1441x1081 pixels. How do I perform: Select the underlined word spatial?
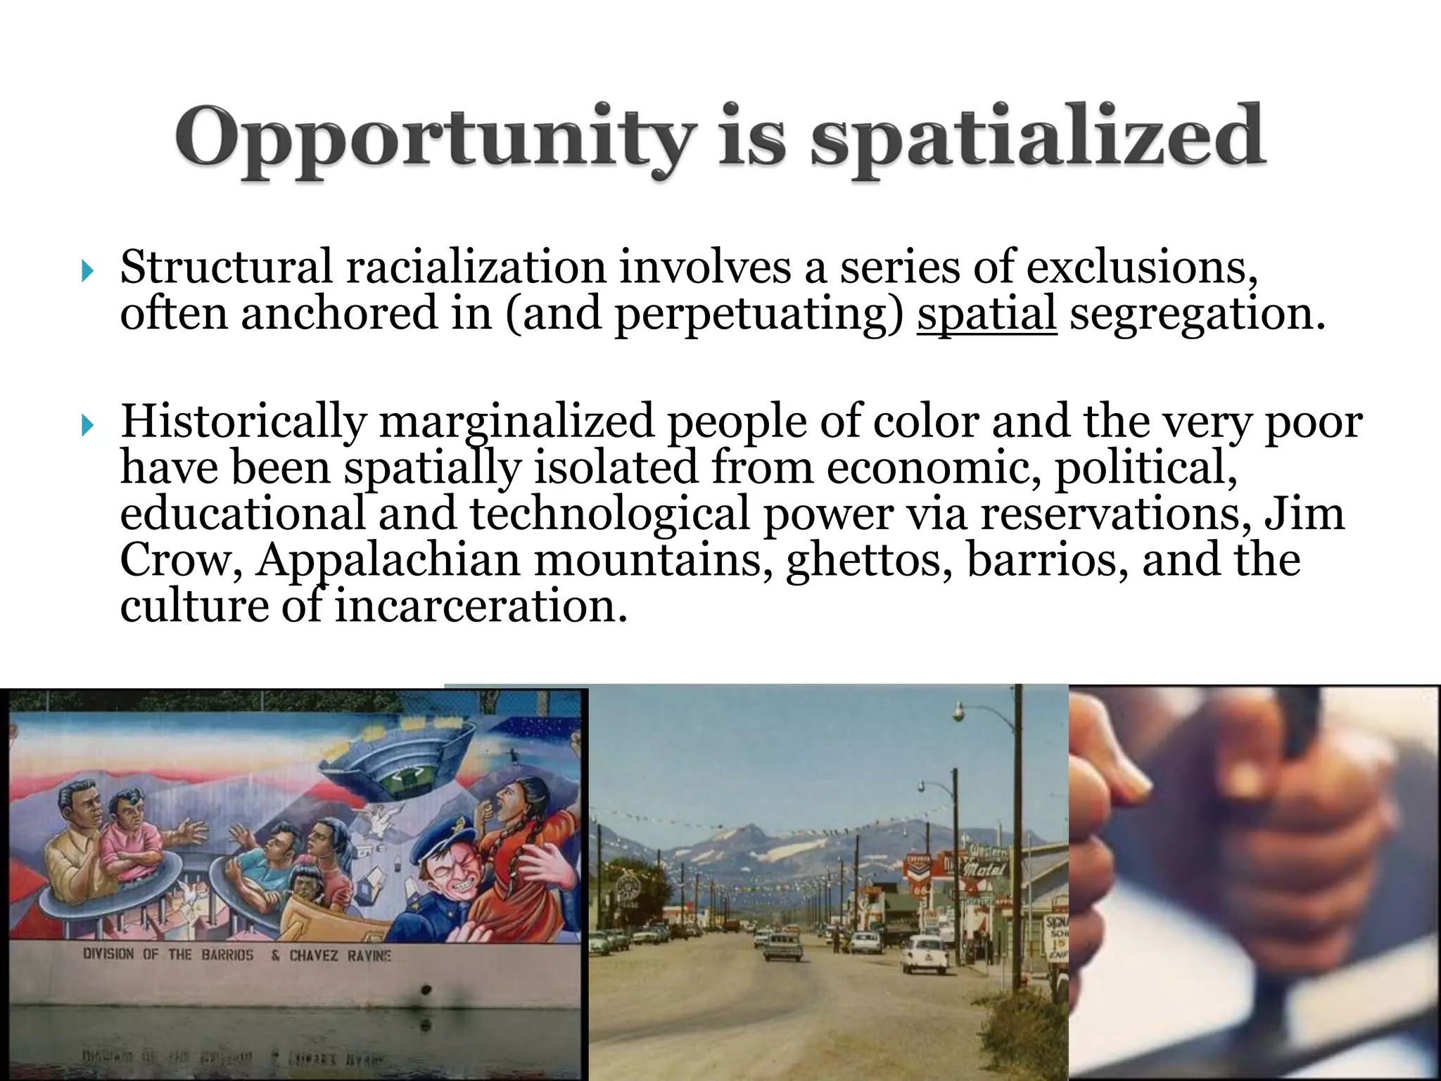[x=986, y=313]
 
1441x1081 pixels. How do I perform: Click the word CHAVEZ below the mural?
[x=313, y=956]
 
